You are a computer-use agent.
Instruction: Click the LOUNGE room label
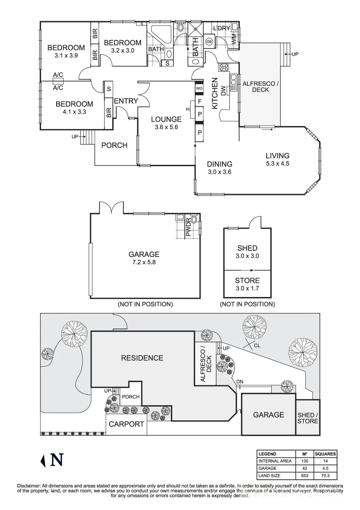[x=166, y=119]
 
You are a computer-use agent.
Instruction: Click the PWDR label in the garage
[x=188, y=227]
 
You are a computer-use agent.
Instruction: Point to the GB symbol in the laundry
[x=209, y=42]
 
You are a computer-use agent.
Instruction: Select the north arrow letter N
[x=57, y=459]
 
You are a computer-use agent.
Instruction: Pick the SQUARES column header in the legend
[x=325, y=453]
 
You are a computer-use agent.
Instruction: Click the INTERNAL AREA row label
[x=275, y=461]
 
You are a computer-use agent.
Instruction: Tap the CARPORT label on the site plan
[x=126, y=424]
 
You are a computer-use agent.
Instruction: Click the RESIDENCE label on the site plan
[x=142, y=358]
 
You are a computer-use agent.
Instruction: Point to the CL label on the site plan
[x=257, y=345]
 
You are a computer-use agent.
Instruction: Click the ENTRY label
[x=126, y=101]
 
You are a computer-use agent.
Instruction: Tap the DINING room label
[x=220, y=164]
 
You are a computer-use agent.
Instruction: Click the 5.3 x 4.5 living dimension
[x=277, y=164]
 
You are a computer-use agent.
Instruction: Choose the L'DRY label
[x=221, y=28]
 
